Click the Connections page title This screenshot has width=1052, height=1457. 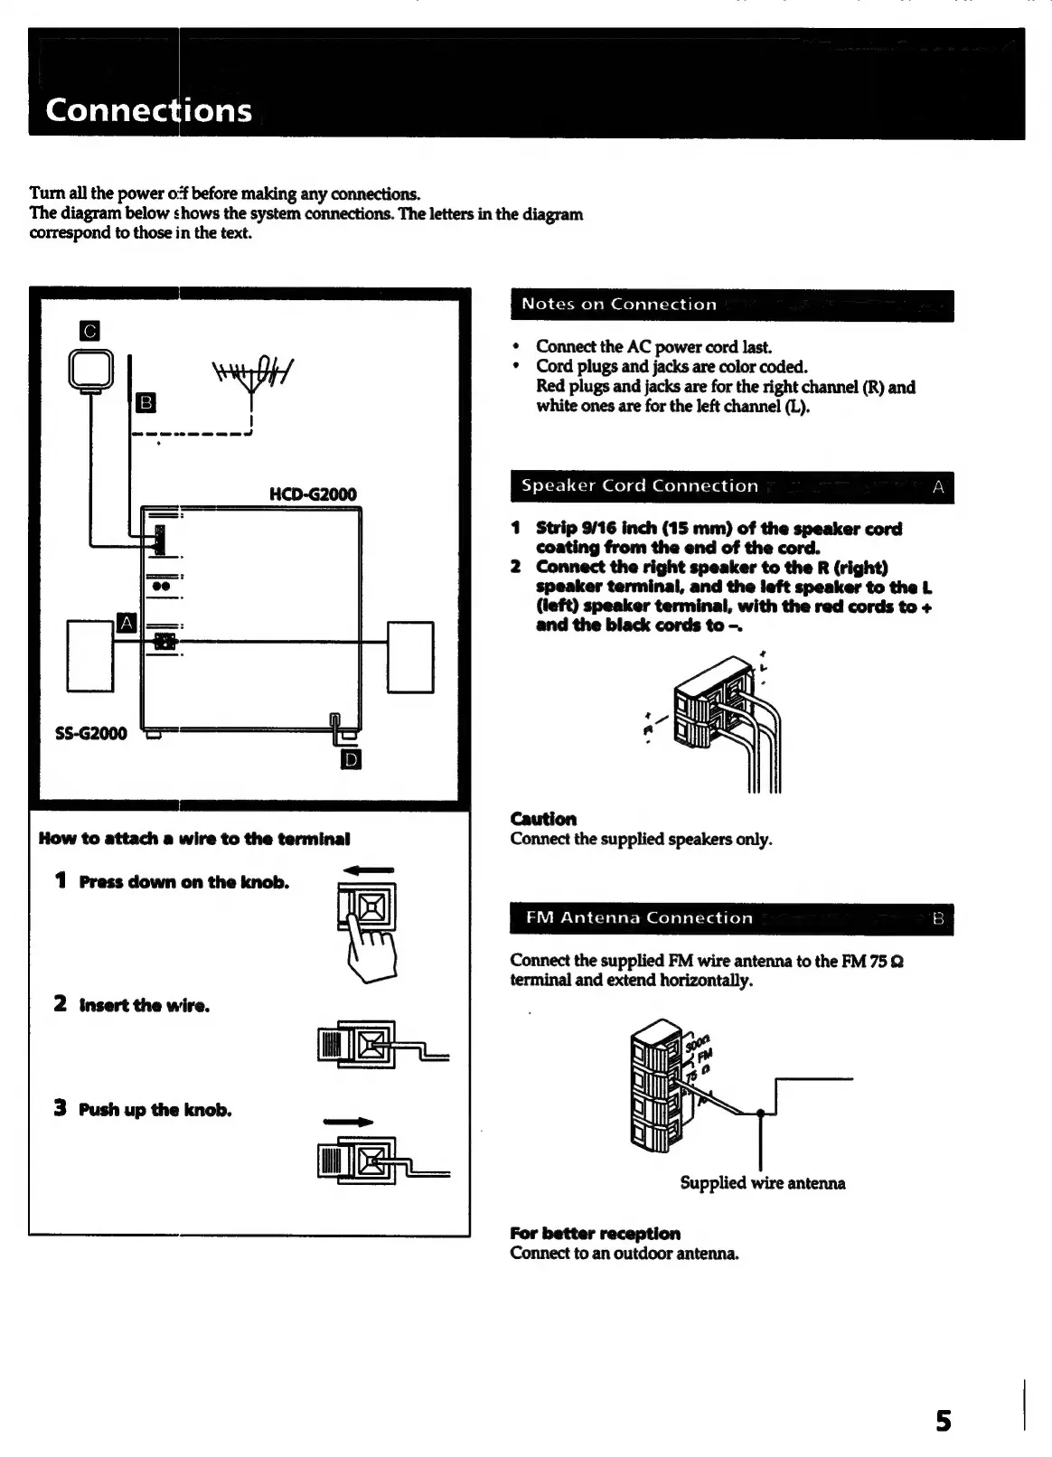pos(149,110)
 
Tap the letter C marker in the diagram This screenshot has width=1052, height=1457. pos(89,331)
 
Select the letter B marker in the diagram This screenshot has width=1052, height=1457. pos(146,402)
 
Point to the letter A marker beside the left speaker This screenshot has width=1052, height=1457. pos(127,623)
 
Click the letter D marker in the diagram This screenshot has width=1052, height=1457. pos(351,759)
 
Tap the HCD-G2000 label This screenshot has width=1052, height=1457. pos(313,493)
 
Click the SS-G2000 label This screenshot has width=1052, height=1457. pos(91,733)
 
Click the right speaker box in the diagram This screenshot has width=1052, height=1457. pos(410,657)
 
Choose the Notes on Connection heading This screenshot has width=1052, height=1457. pos(619,305)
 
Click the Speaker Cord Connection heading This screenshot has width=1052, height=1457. pos(640,486)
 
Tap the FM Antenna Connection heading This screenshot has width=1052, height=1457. pos(639,918)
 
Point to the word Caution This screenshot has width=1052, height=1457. pos(543,819)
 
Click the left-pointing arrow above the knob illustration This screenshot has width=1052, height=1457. pos(369,870)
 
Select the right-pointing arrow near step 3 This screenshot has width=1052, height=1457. pos(348,1123)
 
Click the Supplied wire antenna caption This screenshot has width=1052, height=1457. pos(763,1183)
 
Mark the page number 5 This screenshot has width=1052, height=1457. pos(943,1421)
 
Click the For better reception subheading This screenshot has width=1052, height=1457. pos(596,1234)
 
